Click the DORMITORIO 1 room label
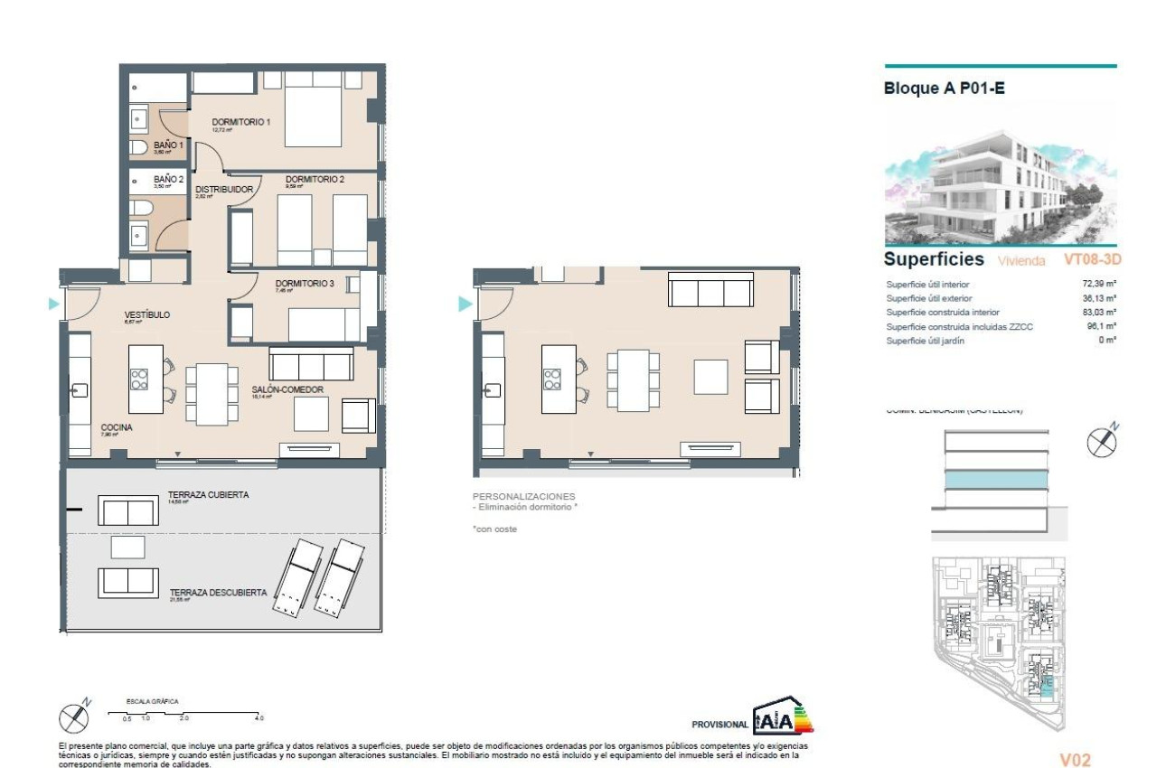pyautogui.click(x=241, y=122)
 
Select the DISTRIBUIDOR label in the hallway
pyautogui.click(x=224, y=189)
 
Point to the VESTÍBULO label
pyautogui.click(x=146, y=315)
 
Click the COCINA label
pyautogui.click(x=117, y=427)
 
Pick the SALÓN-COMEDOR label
pyautogui.click(x=287, y=390)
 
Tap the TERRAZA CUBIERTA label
pyautogui.click(x=208, y=495)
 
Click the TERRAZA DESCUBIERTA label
pyautogui.click(x=218, y=593)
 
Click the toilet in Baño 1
pyautogui.click(x=138, y=147)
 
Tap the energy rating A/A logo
pyautogui.click(x=783, y=717)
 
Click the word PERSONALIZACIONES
pyautogui.click(x=523, y=497)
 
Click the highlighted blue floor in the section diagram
pyautogui.click(x=997, y=479)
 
